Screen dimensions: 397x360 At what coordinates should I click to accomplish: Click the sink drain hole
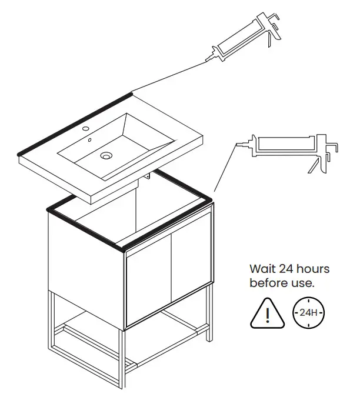point(106,156)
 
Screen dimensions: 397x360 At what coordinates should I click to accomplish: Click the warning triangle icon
point(267,312)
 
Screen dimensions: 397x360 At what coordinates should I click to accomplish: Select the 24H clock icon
point(308,312)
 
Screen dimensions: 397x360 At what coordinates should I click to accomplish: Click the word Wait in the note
point(262,269)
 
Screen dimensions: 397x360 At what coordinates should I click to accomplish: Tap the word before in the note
point(268,283)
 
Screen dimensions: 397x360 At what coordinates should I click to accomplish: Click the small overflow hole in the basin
point(90,141)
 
